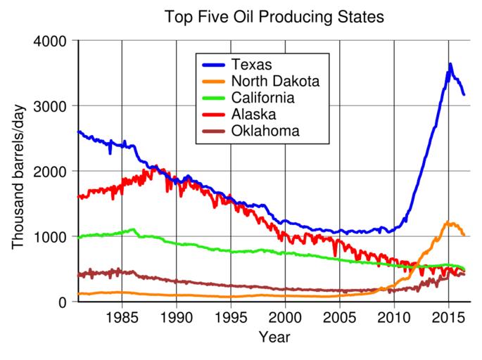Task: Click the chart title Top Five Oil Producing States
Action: coord(274,16)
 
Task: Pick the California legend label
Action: coord(267,97)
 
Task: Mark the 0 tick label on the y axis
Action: coord(63,302)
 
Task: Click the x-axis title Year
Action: coord(274,337)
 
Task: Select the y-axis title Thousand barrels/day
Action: coord(17,171)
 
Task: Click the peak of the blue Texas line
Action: coord(450,64)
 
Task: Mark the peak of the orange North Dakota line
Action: coord(448,222)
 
